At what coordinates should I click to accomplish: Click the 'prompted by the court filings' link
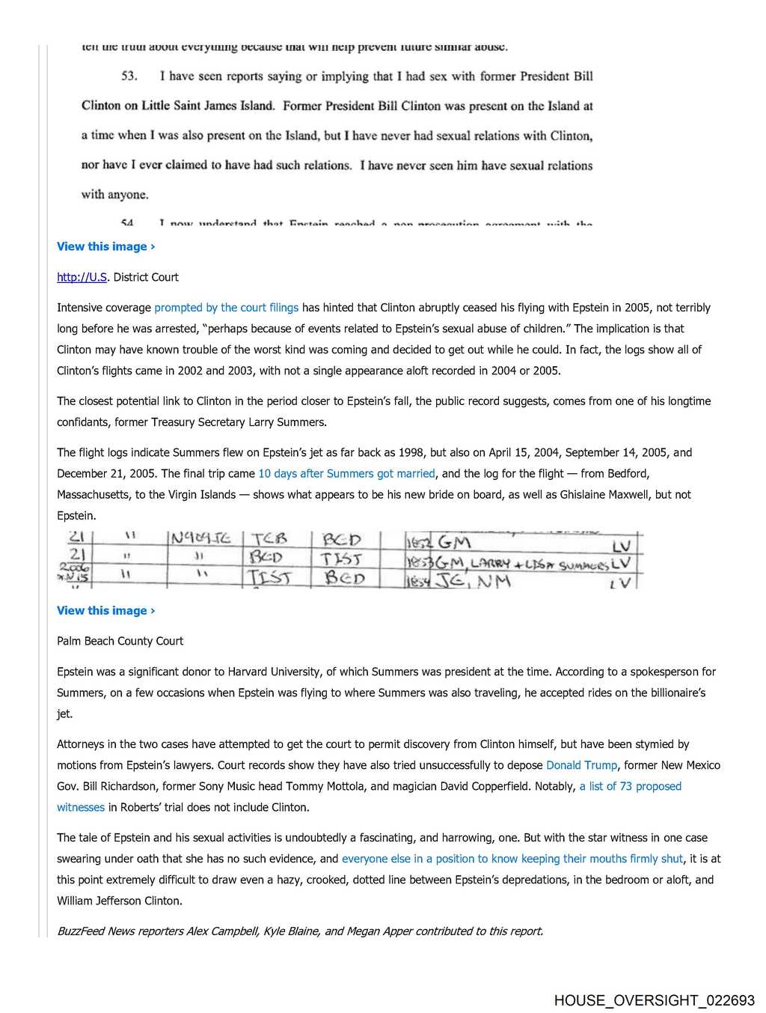(226, 308)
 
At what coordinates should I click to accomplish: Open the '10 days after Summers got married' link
(346, 474)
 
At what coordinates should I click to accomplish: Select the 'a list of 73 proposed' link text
(630, 786)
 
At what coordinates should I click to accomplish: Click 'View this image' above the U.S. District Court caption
(105, 246)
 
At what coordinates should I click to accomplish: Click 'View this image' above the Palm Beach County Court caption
(105, 610)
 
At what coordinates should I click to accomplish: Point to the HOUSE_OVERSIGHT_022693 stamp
(654, 1000)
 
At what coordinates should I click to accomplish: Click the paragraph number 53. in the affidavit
(129, 76)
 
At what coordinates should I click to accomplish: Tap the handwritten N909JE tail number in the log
(200, 538)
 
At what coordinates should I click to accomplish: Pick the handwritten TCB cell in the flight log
(269, 538)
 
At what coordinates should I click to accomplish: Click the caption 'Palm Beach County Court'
(120, 641)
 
